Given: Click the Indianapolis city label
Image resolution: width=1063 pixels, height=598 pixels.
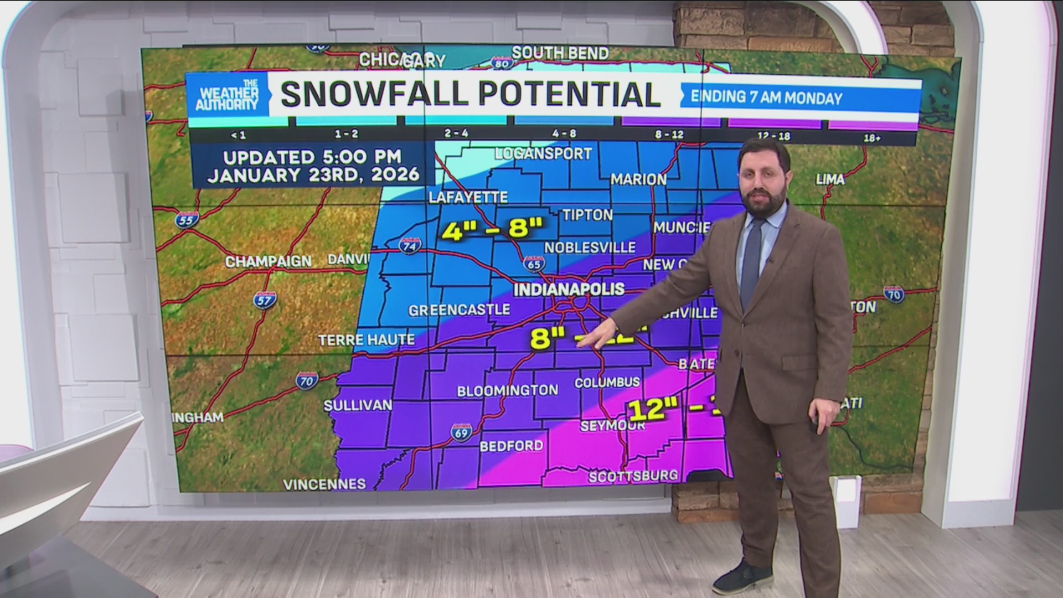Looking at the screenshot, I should click(569, 289).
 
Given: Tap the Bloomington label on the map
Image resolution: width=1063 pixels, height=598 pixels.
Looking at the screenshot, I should click(507, 390).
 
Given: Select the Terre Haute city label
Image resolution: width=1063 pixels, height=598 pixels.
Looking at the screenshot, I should click(367, 339).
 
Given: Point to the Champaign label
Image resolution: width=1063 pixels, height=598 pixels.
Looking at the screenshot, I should click(269, 261).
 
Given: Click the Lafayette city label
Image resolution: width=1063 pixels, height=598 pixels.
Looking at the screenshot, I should click(468, 197).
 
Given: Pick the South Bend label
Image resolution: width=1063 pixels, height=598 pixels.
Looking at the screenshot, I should click(560, 53).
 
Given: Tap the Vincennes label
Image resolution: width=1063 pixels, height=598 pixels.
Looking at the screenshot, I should click(324, 484).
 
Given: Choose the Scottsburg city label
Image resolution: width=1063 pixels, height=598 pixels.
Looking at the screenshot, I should click(633, 476).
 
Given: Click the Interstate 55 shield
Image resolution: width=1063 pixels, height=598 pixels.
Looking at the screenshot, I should click(187, 220).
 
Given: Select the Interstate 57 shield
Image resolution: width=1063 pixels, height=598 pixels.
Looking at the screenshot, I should click(265, 300).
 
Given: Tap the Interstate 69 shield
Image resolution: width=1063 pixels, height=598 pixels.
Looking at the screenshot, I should click(461, 432).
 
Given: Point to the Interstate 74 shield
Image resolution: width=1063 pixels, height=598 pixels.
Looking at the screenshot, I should click(410, 245).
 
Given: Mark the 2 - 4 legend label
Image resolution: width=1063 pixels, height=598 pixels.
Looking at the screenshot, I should click(456, 133).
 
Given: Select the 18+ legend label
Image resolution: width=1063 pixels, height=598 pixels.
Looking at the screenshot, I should click(871, 138).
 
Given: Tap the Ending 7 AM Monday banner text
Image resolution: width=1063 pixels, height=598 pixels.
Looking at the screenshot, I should click(766, 98).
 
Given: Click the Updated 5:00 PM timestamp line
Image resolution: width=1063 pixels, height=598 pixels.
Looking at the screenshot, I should click(312, 157).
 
